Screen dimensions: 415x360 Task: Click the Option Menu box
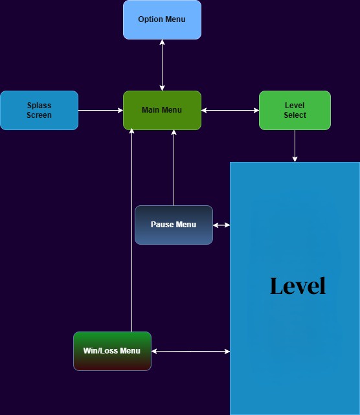coord(162,19)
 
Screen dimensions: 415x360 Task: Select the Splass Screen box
coord(39,110)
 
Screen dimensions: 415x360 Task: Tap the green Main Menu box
coord(162,110)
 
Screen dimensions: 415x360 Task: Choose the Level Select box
coord(295,110)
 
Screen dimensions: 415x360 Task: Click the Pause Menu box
coord(174,225)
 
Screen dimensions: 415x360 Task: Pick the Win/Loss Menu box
coord(112,351)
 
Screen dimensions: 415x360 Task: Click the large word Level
coord(297,286)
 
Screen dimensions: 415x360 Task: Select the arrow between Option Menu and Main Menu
coord(162,65)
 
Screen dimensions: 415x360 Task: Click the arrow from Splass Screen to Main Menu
coord(100,110)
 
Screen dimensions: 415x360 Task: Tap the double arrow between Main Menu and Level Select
coord(230,110)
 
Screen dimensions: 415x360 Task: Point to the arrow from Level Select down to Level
coord(295,145)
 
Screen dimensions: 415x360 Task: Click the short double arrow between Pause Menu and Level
coord(221,225)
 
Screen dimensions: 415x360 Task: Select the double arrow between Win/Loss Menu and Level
coord(190,351)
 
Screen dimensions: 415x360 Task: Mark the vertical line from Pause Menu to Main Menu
coord(174,168)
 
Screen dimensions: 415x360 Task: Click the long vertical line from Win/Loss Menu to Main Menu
coord(131,233)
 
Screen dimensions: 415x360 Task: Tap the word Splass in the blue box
coord(39,106)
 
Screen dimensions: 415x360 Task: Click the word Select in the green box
coord(295,115)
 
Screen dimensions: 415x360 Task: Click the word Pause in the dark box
coord(162,225)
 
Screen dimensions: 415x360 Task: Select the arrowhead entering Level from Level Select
coord(295,159)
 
